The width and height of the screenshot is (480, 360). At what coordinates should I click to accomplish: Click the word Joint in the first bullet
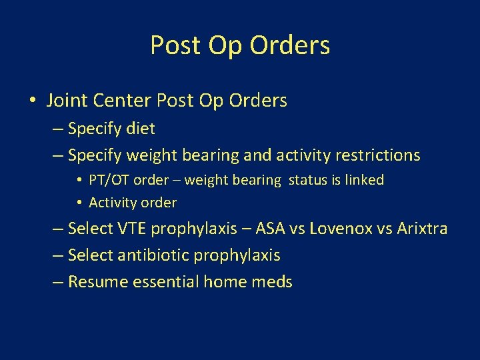pos(65,101)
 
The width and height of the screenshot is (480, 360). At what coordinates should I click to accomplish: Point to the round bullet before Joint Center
pos(33,101)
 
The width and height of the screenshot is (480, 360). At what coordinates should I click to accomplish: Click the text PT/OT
pos(107,180)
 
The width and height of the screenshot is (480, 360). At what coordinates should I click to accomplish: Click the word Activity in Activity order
pos(111,202)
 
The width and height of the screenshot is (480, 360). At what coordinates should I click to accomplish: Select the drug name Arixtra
pos(422,229)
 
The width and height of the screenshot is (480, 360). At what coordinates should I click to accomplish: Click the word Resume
pos(98,282)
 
